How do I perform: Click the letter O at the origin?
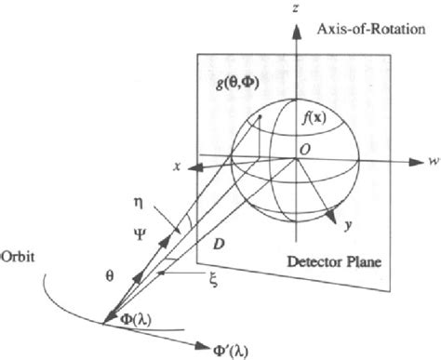tap(304, 150)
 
